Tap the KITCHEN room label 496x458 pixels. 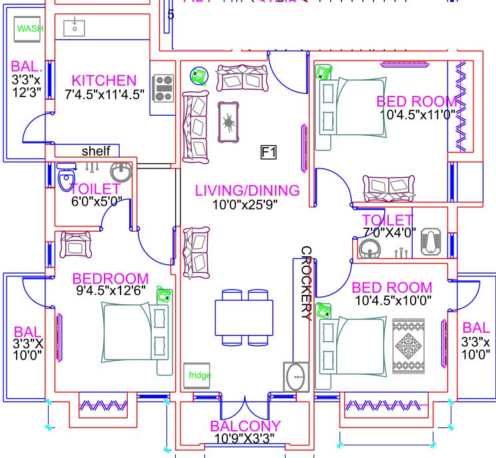pos(105,80)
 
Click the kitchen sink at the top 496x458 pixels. pos(74,27)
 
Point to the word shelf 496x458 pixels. pos(96,151)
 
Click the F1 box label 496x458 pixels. pos(268,153)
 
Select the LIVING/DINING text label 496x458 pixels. pos(247,190)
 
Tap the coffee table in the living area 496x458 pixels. pos(230,121)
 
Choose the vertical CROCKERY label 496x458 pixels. pos(306,284)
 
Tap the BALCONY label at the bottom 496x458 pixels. pos(245,426)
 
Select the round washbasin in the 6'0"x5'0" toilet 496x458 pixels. pos(121,173)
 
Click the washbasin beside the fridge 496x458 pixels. pos(296,377)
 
